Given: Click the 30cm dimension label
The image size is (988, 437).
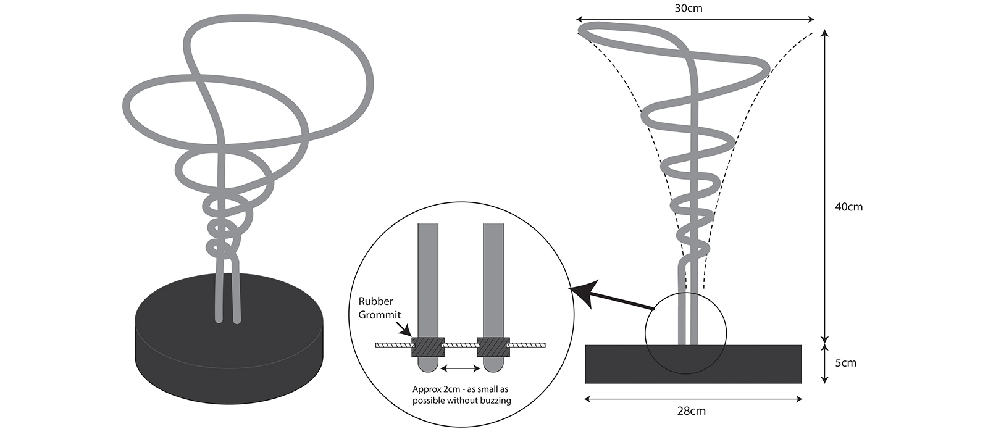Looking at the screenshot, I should [x=689, y=8].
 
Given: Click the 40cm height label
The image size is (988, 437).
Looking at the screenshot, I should [x=848, y=207].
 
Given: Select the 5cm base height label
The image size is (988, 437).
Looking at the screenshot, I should [x=845, y=363].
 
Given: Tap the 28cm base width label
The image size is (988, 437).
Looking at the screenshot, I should [x=692, y=411].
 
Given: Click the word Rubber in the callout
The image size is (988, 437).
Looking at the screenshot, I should [x=375, y=302].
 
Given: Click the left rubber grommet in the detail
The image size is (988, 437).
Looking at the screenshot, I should [x=427, y=346].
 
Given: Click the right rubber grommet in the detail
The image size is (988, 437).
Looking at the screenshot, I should [x=493, y=346].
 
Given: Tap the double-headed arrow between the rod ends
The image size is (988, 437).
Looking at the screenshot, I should [x=460, y=368].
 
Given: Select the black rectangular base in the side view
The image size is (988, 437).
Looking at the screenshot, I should [x=693, y=364].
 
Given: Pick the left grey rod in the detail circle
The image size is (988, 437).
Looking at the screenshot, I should [x=427, y=278].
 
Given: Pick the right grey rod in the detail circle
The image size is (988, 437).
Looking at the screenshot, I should [x=493, y=278].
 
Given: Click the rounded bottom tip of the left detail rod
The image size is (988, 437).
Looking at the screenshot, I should [x=427, y=367].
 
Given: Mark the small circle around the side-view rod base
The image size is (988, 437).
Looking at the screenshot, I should [x=647, y=334].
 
